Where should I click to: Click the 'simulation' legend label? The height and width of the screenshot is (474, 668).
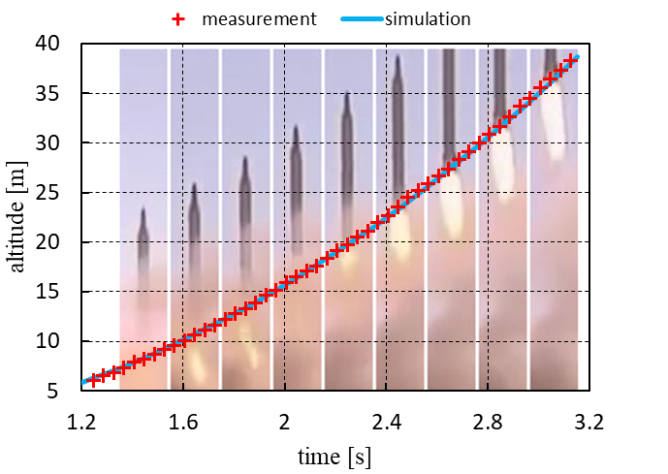click(x=428, y=19)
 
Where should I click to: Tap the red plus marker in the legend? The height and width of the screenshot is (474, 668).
click(x=177, y=19)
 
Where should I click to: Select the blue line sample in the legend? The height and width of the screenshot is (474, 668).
click(x=361, y=19)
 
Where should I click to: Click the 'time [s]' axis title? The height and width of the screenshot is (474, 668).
click(x=334, y=455)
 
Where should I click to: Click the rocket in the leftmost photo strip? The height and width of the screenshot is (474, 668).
click(x=143, y=237)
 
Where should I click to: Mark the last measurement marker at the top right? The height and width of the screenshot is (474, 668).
click(x=572, y=61)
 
